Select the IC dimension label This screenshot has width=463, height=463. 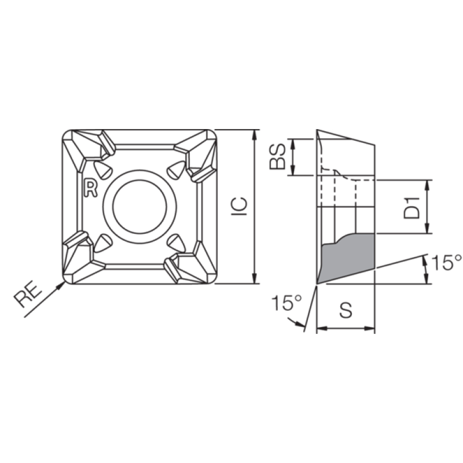239,206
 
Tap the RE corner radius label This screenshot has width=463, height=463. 28,296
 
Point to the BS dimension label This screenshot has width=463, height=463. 278,156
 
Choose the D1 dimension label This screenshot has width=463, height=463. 411,208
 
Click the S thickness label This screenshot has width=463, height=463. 346,310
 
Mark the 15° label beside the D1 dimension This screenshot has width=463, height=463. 446,262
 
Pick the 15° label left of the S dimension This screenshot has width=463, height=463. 286,303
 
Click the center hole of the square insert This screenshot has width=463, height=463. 139,207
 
